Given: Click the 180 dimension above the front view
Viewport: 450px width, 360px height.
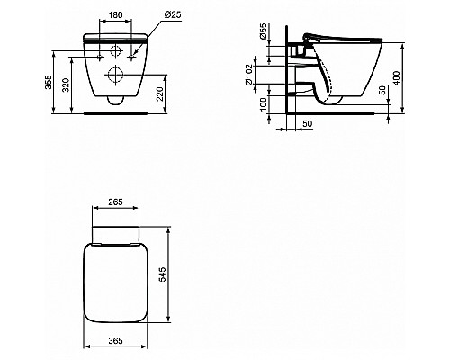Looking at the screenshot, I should tap(114, 15).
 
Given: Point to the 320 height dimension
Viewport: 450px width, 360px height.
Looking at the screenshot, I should tap(65, 85).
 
